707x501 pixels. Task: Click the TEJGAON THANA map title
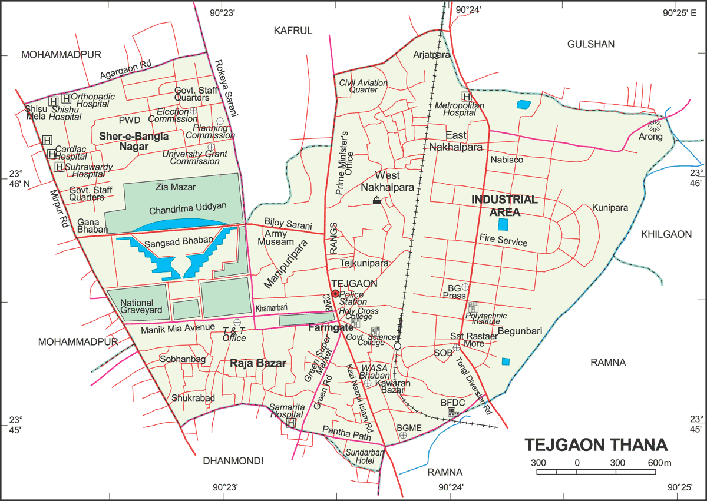596,444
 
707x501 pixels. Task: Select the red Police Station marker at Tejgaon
335,293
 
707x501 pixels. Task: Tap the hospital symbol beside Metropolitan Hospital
467,97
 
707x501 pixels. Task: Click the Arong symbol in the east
653,125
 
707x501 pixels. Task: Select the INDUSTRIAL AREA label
504,205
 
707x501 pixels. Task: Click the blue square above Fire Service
503,224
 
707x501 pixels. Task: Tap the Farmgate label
331,327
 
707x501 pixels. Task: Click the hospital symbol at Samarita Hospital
290,423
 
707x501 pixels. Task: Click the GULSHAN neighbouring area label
590,44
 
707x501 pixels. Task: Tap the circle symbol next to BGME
403,435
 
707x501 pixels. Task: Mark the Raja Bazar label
258,364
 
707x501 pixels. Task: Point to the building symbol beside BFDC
453,412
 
